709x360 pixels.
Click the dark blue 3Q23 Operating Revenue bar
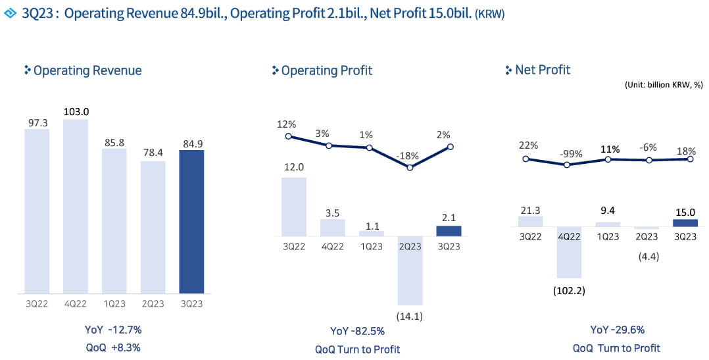click(x=191, y=222)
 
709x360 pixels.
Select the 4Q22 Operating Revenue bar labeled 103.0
click(x=76, y=206)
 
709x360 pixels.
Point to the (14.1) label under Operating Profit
click(x=410, y=316)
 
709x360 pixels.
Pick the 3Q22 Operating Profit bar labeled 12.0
click(x=293, y=207)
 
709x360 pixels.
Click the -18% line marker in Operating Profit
click(x=410, y=167)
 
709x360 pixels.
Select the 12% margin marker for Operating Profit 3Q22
click(x=288, y=136)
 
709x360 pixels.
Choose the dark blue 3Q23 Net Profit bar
click(x=685, y=222)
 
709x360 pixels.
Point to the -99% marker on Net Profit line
click(x=567, y=165)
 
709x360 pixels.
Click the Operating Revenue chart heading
click(x=87, y=70)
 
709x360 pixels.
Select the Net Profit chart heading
click(x=543, y=70)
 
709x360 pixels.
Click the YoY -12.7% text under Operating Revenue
click(x=113, y=329)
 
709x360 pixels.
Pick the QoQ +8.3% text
click(x=113, y=347)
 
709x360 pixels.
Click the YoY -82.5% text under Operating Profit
click(x=357, y=330)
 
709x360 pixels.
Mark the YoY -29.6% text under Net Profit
click(x=616, y=330)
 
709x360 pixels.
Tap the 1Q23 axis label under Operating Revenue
click(x=114, y=303)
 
